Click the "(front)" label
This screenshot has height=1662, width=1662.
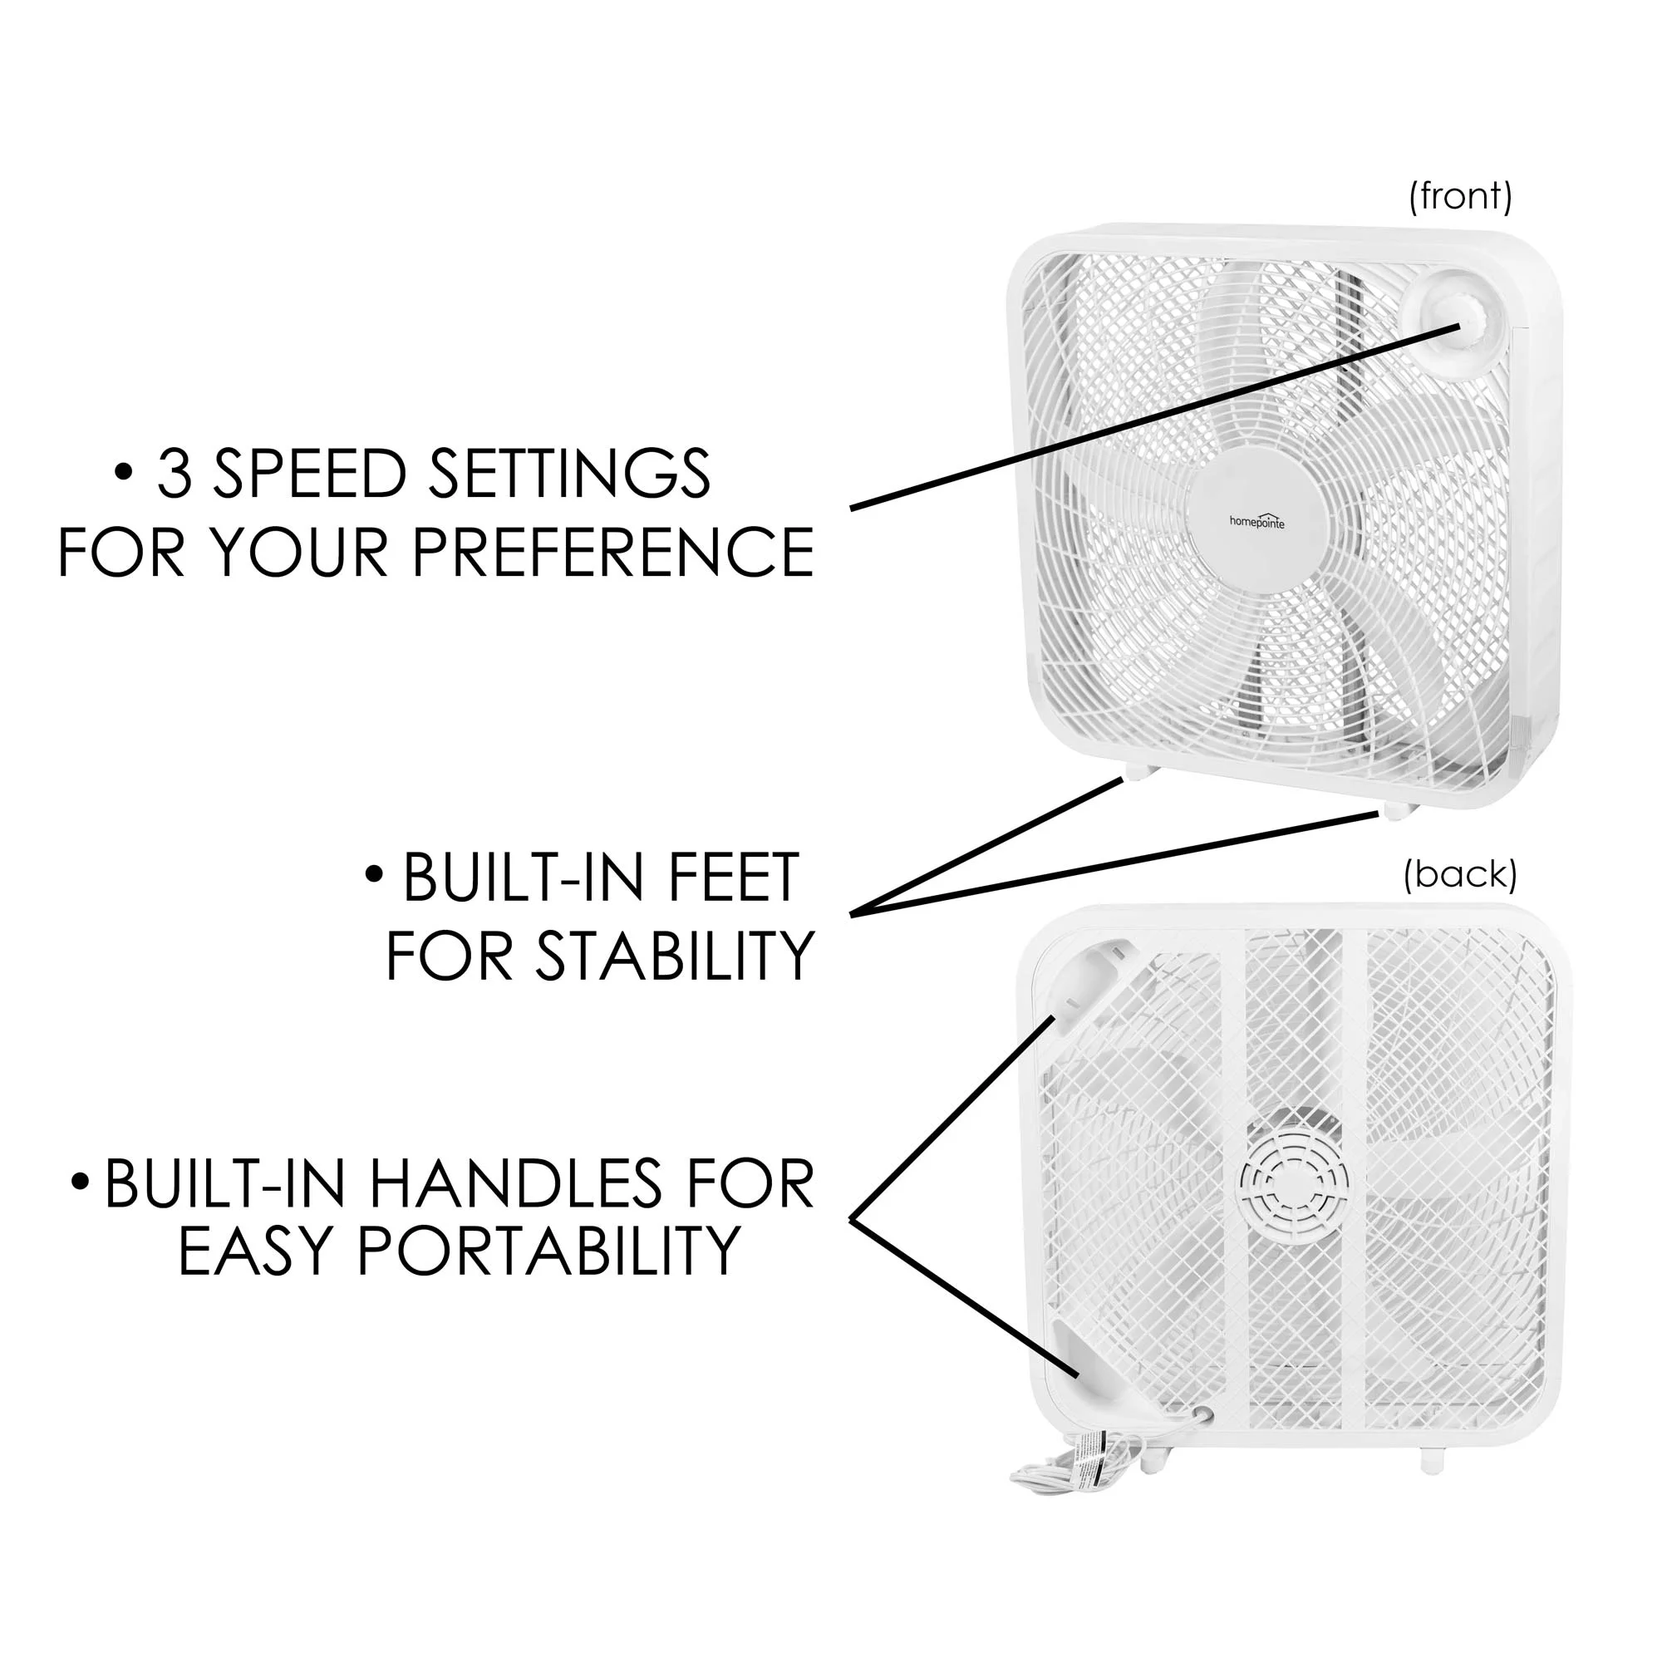pyautogui.click(x=1459, y=196)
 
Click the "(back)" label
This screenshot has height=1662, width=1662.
pyautogui.click(x=1459, y=875)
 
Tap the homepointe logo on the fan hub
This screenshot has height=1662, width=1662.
pyautogui.click(x=1256, y=521)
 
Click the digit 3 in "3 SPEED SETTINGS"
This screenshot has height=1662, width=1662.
pyautogui.click(x=175, y=474)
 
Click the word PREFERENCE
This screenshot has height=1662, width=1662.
pyautogui.click(x=612, y=552)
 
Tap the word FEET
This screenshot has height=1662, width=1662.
pyautogui.click(x=733, y=878)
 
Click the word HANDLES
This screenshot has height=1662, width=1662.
pyautogui.click(x=515, y=1184)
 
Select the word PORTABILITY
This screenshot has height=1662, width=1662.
pyautogui.click(x=548, y=1250)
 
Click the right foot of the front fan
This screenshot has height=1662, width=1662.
pyautogui.click(x=1394, y=811)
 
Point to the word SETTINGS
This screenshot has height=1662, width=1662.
pyautogui.click(x=569, y=474)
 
